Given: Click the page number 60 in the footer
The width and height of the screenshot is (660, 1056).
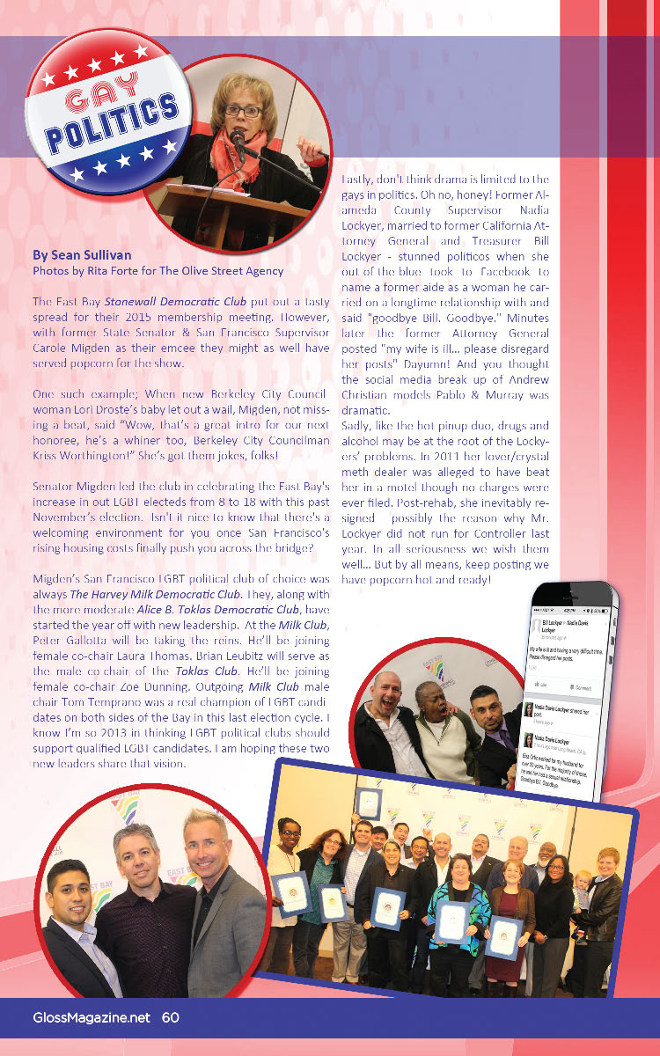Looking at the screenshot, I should tap(171, 1017).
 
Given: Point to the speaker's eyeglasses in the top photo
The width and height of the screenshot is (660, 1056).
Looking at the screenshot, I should tap(243, 111).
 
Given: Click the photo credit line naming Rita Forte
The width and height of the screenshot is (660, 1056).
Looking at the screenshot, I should tap(158, 270).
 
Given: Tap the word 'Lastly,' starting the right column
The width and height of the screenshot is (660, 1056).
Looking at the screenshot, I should tap(357, 179).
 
